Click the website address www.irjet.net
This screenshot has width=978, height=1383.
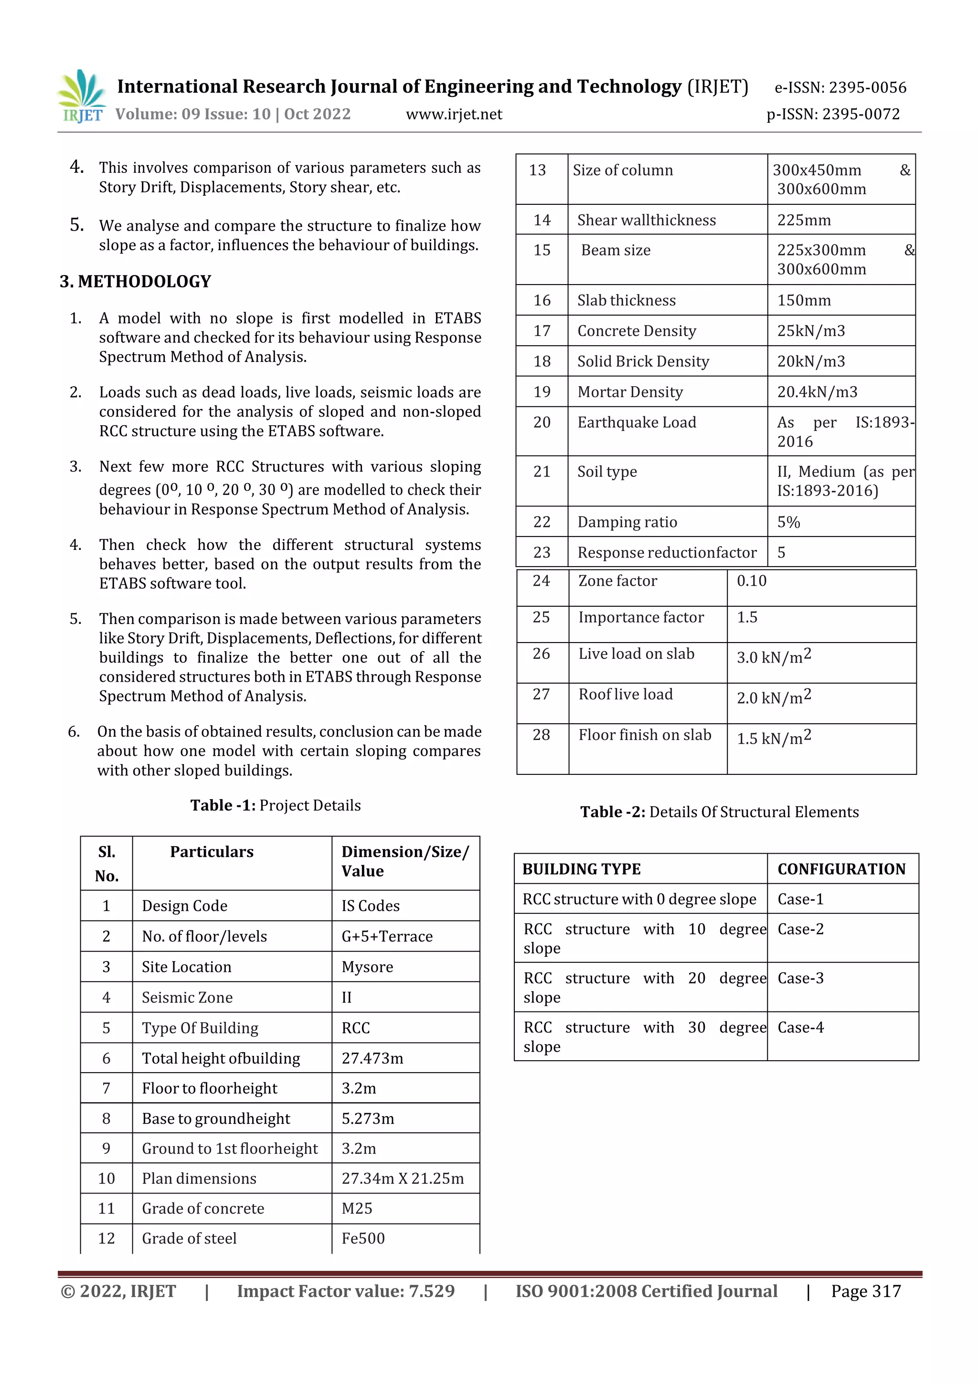[454, 115]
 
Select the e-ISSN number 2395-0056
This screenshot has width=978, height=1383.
[840, 88]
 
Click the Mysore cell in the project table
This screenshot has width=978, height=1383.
[367, 967]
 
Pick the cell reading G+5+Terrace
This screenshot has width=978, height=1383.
[387, 936]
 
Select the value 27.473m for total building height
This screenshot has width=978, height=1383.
[372, 1058]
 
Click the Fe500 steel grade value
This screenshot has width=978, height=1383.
[363, 1238]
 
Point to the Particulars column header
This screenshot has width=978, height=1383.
[212, 852]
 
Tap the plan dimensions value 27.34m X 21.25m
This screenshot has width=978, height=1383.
[403, 1178]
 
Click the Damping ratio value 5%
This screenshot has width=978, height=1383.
[788, 522]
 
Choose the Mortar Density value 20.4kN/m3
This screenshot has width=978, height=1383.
[817, 392]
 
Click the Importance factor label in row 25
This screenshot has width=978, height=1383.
[640, 617]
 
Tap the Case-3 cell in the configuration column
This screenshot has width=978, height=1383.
[800, 978]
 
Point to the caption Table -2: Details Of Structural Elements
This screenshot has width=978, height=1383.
[719, 812]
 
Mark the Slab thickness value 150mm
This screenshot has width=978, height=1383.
[803, 301]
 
